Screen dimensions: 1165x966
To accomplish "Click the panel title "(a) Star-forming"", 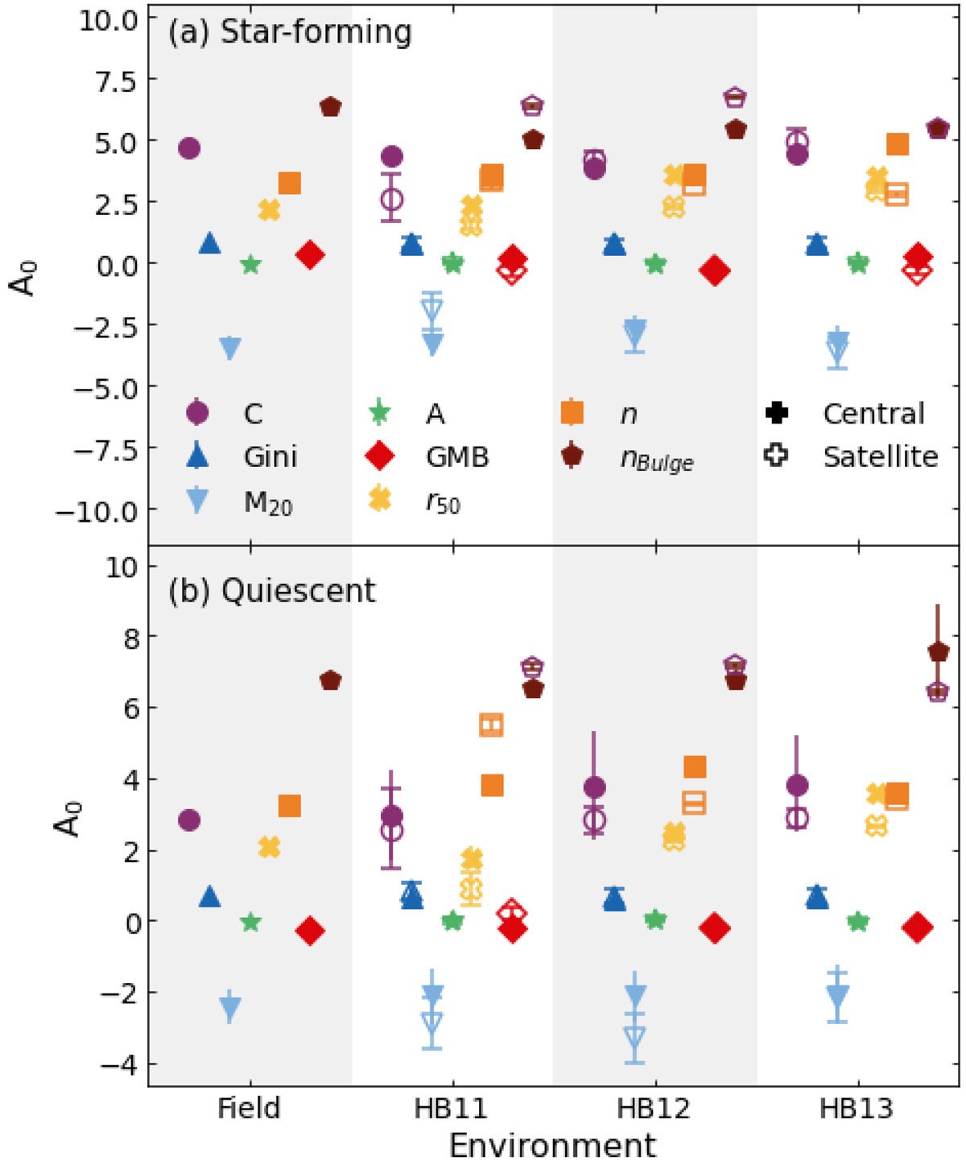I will point(290,32).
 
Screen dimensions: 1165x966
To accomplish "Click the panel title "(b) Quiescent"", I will point(271,591).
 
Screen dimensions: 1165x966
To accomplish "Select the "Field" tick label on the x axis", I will point(250,1109).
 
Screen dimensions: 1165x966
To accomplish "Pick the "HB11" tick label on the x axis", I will point(452,1109).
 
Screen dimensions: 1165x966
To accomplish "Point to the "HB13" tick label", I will point(857,1109).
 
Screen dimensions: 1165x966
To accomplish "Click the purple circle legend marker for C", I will point(197,413).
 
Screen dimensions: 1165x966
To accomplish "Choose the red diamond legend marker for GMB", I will point(379,456).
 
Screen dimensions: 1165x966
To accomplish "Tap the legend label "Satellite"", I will point(880,456).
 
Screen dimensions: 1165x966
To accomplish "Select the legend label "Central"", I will point(873,414).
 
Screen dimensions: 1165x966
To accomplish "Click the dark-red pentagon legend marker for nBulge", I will point(572,456).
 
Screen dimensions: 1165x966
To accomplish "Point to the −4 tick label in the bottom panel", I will point(118,1064).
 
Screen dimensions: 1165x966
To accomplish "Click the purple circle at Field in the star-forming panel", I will point(189,148).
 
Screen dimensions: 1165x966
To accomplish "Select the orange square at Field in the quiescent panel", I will point(290,806).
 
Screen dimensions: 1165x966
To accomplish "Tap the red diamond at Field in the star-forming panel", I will point(310,255).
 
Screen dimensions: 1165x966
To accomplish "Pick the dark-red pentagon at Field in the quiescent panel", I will point(330,680).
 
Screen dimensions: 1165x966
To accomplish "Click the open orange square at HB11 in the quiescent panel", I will point(491,725).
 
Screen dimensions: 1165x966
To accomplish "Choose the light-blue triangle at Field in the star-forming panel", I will point(230,349).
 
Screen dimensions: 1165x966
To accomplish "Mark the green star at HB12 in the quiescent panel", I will point(655,919).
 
